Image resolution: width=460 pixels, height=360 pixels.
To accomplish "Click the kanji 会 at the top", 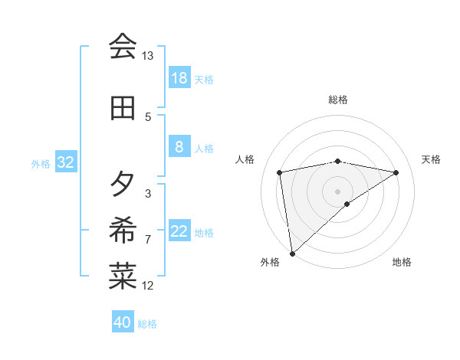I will [123, 47].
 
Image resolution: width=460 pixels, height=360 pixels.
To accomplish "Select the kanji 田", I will [123, 109].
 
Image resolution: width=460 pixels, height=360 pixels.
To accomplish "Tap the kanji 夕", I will [123, 184].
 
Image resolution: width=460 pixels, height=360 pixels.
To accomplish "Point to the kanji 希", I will [123, 230].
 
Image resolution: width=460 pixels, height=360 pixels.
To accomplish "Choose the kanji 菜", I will [123, 277].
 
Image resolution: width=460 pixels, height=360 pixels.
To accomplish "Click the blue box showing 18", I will [179, 78].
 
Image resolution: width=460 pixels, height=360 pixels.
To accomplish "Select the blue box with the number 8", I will [179, 147].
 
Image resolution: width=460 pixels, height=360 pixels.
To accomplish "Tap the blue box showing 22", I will [179, 231].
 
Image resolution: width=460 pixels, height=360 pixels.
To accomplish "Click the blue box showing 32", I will [65, 162].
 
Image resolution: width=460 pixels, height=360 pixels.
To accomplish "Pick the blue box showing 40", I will [123, 322].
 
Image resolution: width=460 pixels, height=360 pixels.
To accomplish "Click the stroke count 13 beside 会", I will [148, 56].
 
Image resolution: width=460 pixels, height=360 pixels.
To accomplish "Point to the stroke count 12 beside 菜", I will [148, 286].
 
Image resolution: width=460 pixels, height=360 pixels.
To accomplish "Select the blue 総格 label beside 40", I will [147, 324].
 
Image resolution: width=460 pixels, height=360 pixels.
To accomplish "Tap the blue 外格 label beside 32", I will [41, 163].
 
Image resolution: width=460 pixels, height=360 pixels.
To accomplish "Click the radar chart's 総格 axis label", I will [338, 100].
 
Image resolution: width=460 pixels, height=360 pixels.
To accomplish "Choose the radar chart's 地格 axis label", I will [402, 262].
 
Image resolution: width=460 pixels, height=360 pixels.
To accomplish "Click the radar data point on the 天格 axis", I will [396, 172].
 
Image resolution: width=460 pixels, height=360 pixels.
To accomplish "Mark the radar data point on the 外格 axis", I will [292, 253].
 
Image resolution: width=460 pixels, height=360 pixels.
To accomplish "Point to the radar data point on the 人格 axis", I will [280, 172].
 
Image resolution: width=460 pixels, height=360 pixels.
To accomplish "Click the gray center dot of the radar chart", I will [338, 191].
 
